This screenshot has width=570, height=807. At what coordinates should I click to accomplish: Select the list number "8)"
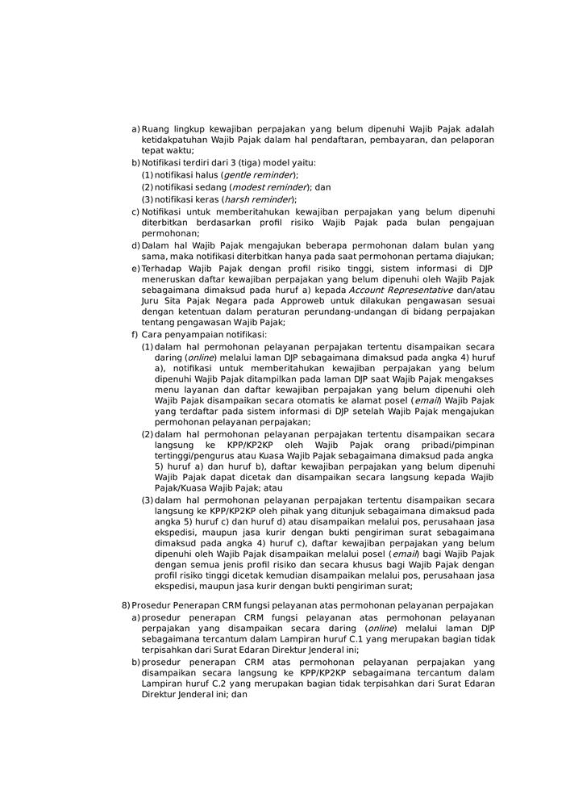126,605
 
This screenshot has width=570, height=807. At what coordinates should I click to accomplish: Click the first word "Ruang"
156,129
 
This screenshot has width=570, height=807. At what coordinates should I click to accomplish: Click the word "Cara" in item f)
152,334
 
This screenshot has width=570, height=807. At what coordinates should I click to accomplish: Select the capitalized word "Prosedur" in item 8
152,605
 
